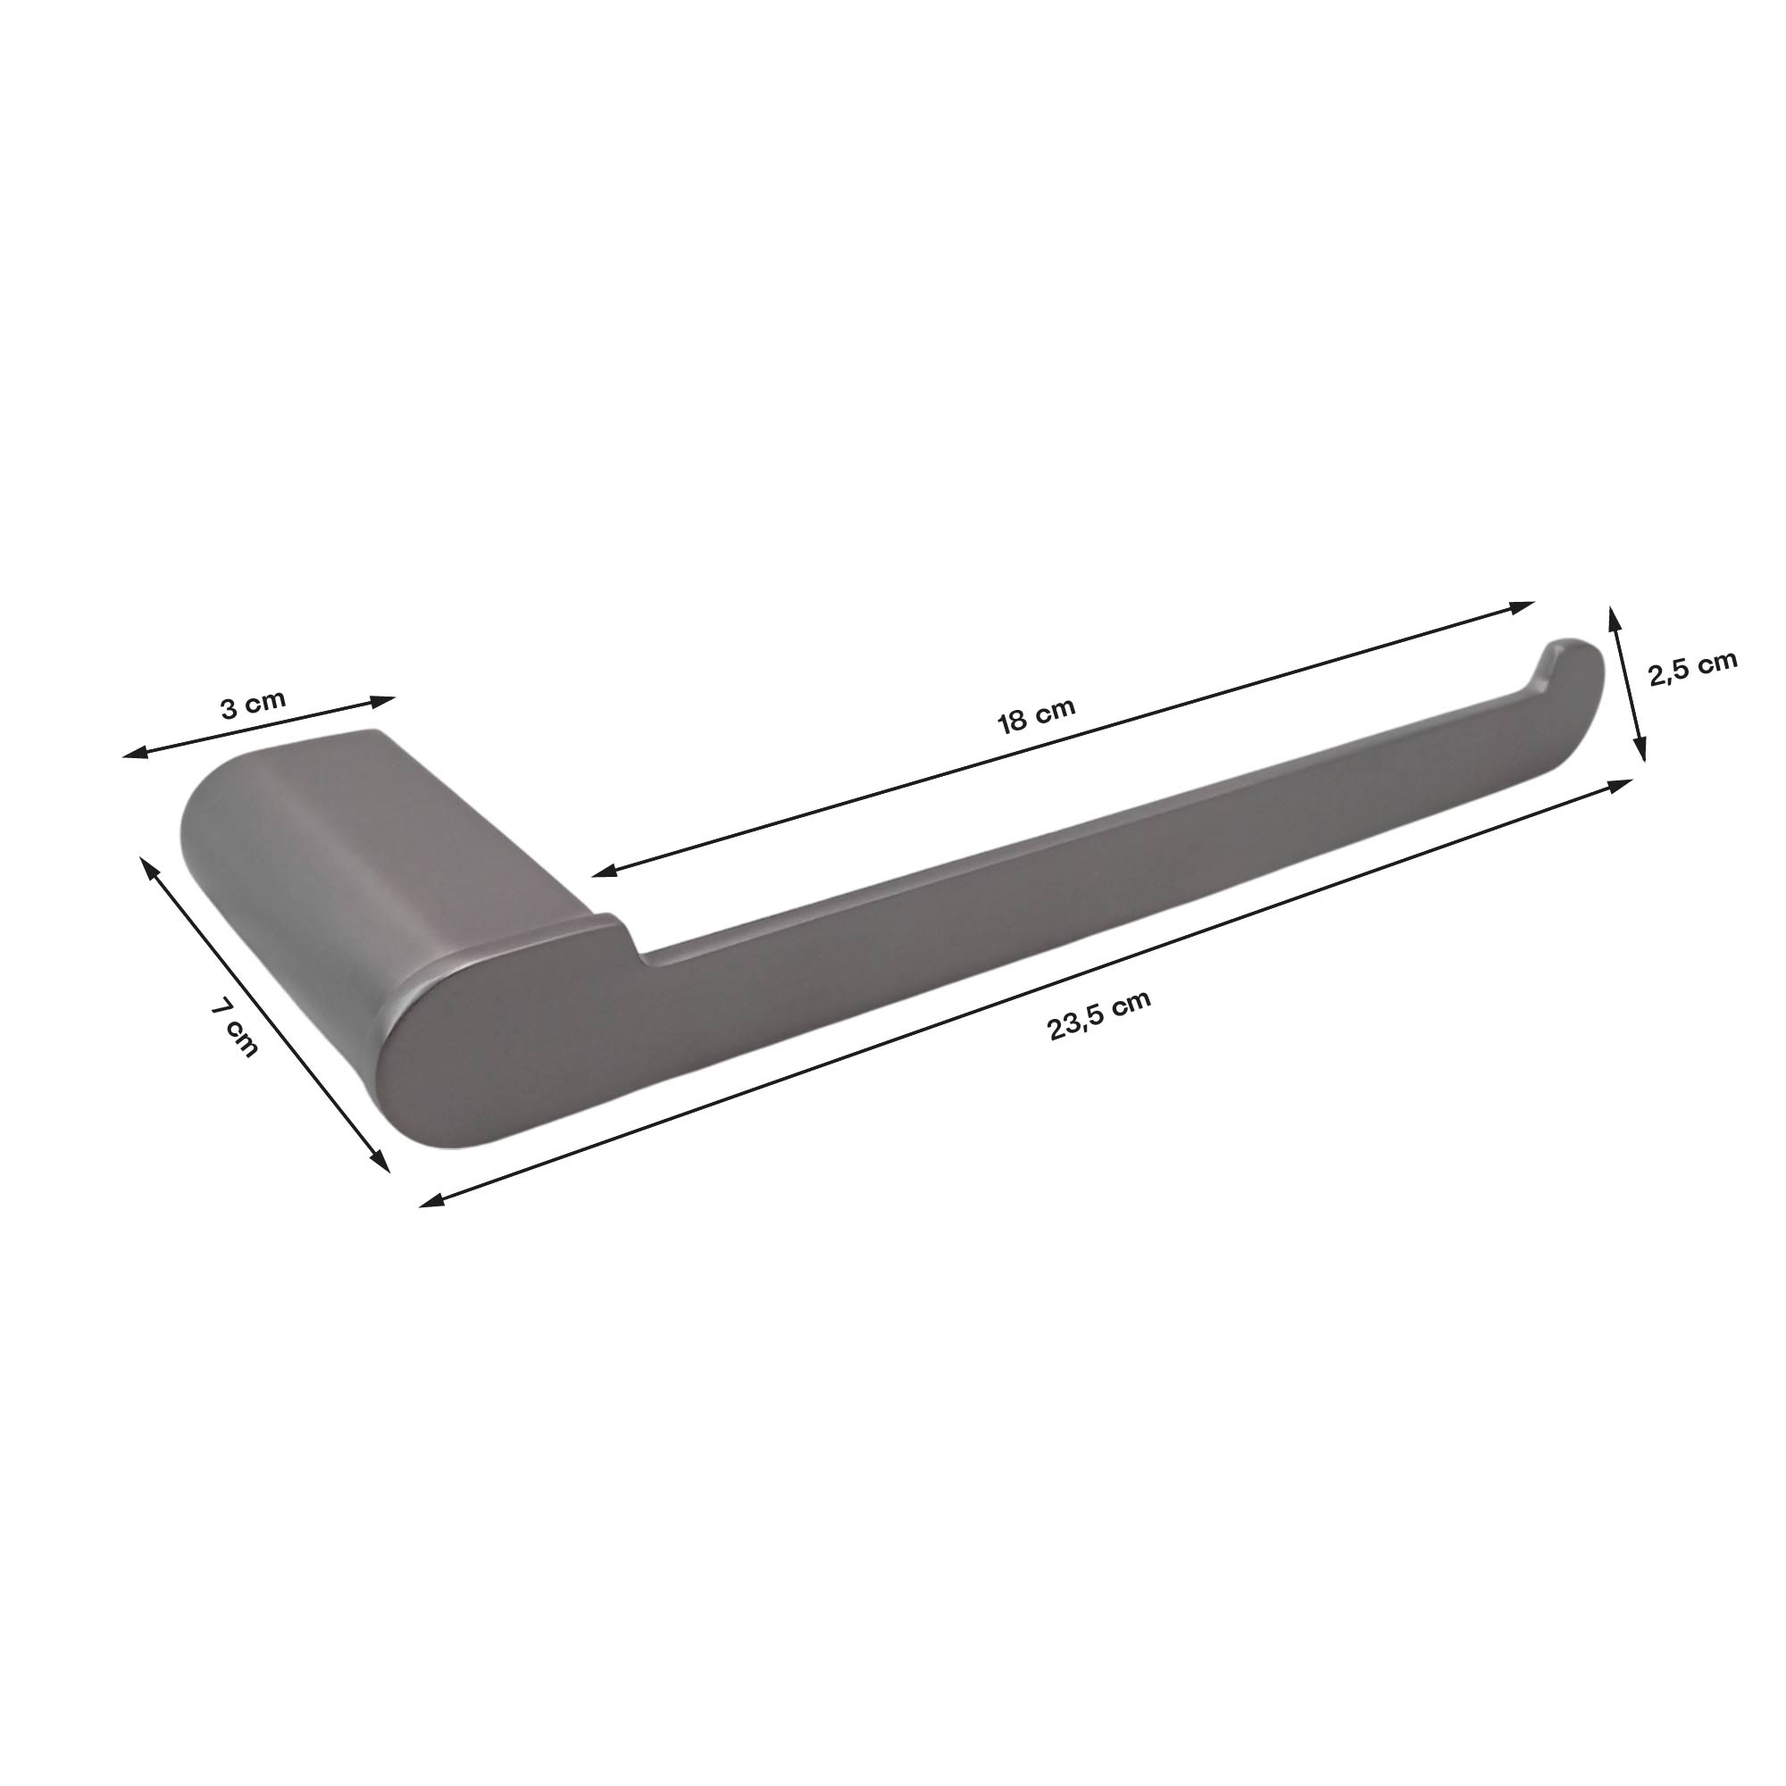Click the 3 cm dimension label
(253, 705)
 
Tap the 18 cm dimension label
(1036, 714)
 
